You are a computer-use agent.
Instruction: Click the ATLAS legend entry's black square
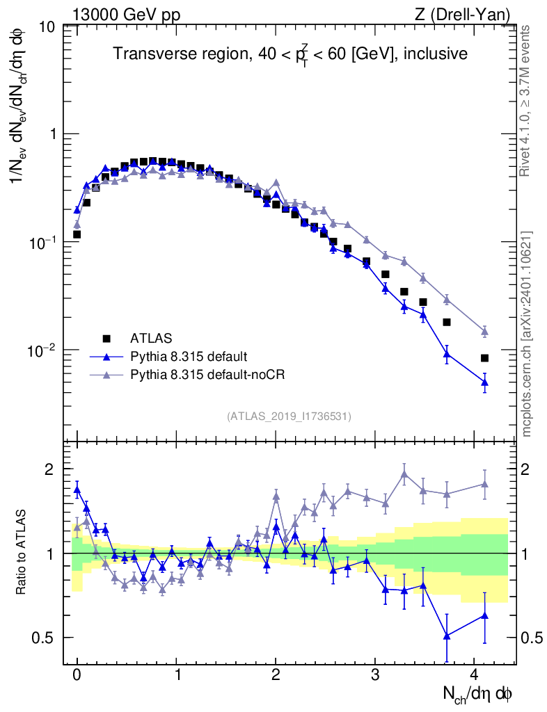pyautogui.click(x=106, y=339)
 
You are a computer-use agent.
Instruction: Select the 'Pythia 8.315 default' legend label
pyautogui.click(x=188, y=357)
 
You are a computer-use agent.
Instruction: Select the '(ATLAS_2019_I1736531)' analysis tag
pyautogui.click(x=289, y=416)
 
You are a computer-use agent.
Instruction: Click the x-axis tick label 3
pyautogui.click(x=375, y=675)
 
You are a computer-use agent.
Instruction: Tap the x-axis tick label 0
pyautogui.click(x=77, y=675)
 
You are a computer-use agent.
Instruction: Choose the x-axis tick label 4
pyautogui.click(x=474, y=675)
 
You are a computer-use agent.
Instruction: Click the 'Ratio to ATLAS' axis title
pyautogui.click(x=22, y=553)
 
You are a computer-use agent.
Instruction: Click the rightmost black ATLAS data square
pyautogui.click(x=484, y=358)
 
